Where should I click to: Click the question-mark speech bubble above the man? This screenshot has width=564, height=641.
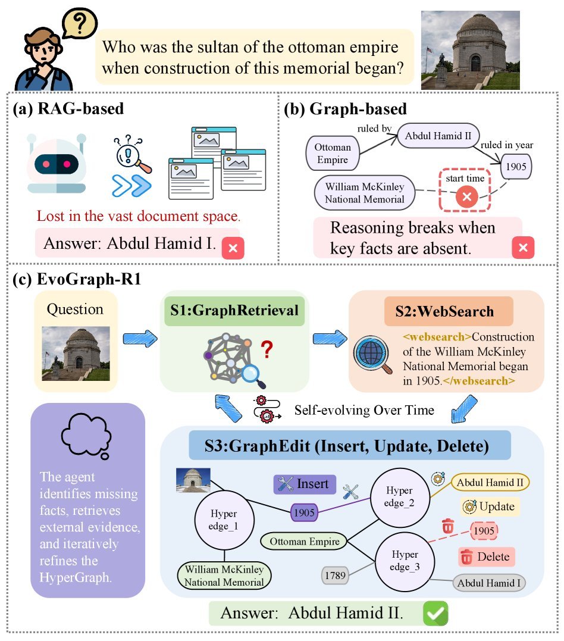[80, 23]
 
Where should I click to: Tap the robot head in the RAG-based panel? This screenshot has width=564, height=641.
[57, 164]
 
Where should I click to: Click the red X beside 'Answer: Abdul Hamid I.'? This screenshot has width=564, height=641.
[233, 248]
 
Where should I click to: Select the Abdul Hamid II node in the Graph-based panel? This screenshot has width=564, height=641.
[438, 136]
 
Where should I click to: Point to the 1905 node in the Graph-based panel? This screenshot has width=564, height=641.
[516, 167]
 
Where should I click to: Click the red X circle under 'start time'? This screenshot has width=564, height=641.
[467, 196]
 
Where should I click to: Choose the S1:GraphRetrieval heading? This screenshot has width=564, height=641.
[234, 311]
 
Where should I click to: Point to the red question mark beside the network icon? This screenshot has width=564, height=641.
[267, 350]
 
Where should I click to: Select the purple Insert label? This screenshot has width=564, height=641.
[305, 484]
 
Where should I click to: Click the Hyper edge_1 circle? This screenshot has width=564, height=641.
[224, 520]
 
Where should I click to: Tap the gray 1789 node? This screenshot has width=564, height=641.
[335, 576]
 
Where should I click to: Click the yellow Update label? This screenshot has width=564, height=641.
[490, 506]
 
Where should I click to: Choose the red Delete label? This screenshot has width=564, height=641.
[486, 557]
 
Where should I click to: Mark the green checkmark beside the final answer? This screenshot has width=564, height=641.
[435, 613]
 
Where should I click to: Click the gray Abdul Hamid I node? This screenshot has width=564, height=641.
[489, 583]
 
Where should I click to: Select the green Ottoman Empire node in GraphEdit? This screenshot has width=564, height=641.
[305, 542]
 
